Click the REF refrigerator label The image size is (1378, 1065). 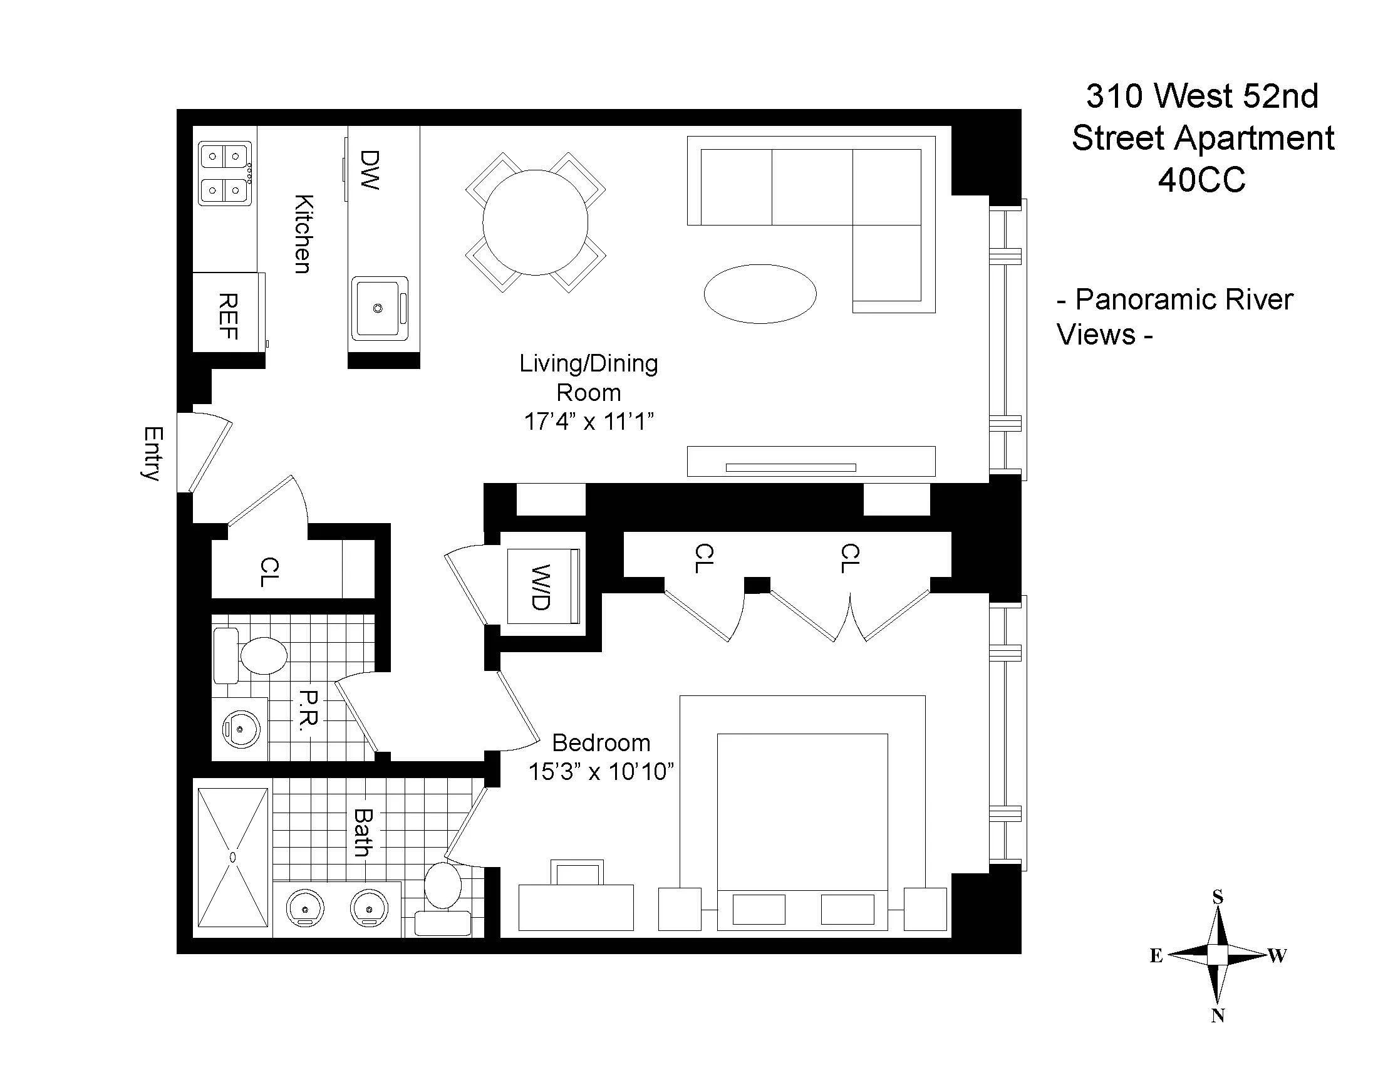pos(229,316)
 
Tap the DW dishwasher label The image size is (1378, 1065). pos(370,169)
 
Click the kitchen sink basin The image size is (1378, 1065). pos(378,308)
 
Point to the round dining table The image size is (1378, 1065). pos(535,222)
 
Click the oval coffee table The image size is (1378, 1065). pos(760,294)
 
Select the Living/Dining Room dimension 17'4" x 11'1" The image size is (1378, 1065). pos(588,422)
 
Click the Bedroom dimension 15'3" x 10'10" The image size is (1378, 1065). pos(601,772)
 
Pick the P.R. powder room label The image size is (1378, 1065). pos(309,710)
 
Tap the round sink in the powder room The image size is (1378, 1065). pos(241,729)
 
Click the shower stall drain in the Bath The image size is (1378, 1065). pos(233,857)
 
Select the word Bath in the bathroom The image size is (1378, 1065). pos(363,833)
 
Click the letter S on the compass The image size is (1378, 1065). pos(1218,897)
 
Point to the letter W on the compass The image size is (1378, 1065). pos(1277,956)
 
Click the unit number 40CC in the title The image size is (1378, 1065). pos(1201,180)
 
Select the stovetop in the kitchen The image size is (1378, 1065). pos(225,172)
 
